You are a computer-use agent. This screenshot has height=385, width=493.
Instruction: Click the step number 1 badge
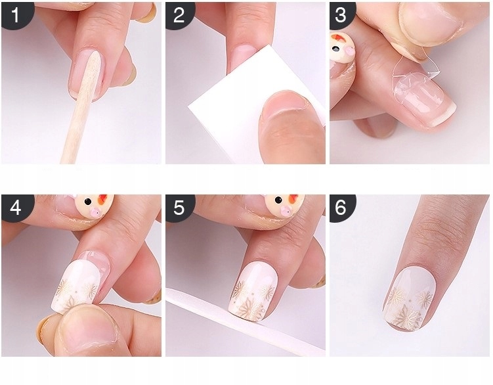15,14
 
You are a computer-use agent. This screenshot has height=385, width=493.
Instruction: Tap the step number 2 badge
179,14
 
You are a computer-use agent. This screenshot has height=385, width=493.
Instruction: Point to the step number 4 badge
15,208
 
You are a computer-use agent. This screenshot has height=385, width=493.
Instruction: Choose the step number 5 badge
179,208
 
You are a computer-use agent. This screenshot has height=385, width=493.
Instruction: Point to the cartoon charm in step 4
95,204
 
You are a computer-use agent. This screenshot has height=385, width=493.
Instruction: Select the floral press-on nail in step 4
78,283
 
